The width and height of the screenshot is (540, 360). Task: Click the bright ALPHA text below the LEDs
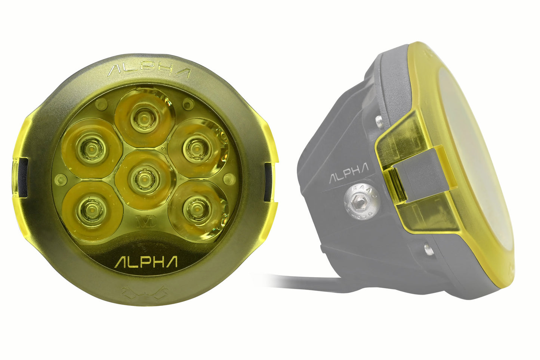146,262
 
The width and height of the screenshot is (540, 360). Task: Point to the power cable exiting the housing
299,281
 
